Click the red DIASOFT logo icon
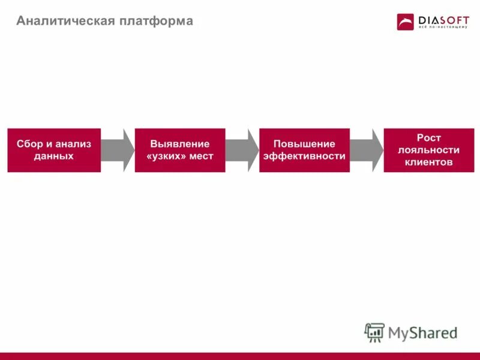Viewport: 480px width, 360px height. click(x=406, y=22)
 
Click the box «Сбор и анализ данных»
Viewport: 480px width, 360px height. click(x=54, y=150)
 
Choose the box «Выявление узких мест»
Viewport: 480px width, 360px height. click(x=180, y=150)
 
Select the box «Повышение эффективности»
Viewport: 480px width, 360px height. click(x=304, y=150)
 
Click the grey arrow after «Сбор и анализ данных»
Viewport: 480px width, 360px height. click(x=118, y=150)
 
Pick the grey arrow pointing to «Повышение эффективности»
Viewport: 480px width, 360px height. click(x=243, y=150)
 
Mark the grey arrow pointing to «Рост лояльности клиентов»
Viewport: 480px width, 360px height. click(x=367, y=150)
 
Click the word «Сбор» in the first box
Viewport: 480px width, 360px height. click(x=29, y=144)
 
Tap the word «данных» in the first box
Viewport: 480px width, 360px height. click(x=54, y=156)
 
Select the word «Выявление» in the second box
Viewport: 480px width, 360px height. click(x=180, y=144)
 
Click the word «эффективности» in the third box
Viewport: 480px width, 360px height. click(x=304, y=156)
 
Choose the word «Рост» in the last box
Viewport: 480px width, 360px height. click(x=429, y=138)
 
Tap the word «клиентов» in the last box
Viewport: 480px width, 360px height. click(x=429, y=163)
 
